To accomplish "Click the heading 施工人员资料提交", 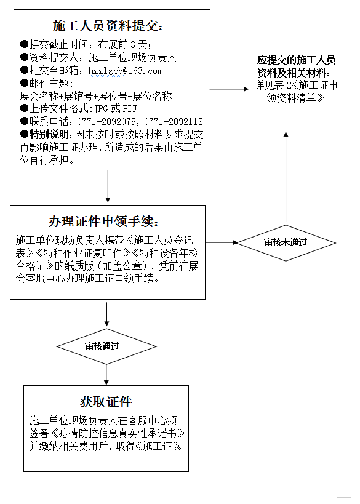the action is [108, 26].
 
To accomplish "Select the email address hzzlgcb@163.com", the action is [126, 71].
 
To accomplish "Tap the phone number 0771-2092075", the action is [106, 121].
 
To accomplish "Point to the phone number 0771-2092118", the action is [174, 121].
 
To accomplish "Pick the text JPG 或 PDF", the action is [115, 109].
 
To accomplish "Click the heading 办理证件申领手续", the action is [104, 222].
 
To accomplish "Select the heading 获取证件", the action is [106, 401].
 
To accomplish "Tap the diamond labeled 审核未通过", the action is [286, 242].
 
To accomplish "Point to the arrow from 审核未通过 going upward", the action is [286, 177].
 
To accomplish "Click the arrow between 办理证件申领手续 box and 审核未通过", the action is [222, 242].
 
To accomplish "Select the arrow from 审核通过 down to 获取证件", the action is [106, 375].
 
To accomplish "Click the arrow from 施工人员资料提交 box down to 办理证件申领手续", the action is [108, 186].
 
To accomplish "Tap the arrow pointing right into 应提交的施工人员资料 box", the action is [230, 89].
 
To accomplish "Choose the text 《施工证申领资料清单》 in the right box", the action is [302, 92].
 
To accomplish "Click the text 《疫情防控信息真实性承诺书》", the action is [118, 433].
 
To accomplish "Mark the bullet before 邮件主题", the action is [25, 83].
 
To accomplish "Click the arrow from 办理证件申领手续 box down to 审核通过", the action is [106, 314].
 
